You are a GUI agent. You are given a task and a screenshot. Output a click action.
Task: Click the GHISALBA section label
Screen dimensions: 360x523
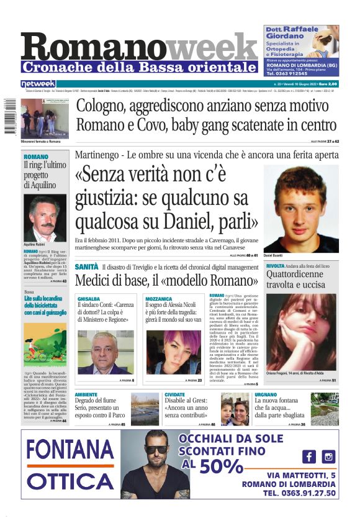(x=88, y=298)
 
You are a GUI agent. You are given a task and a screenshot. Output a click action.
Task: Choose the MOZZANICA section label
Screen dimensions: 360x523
(x=158, y=298)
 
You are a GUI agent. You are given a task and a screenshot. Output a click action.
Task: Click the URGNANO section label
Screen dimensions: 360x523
(x=266, y=394)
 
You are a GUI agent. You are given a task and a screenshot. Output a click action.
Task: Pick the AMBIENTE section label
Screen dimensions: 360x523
(x=86, y=394)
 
